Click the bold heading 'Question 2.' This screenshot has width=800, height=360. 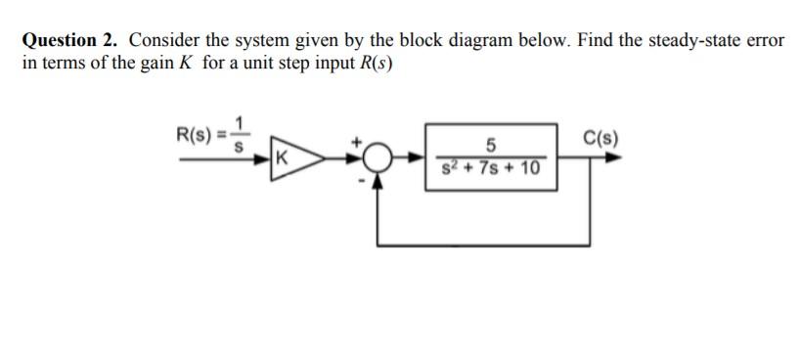pos(70,41)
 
